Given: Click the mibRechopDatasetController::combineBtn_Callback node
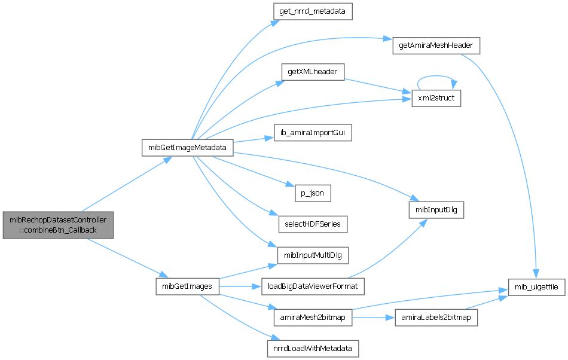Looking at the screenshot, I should [x=58, y=225].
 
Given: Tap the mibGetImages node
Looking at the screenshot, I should [x=187, y=286].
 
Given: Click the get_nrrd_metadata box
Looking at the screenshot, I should [x=313, y=11].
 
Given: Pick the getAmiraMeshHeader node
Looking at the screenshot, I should [x=436, y=46].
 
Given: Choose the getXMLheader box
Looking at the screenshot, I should [x=313, y=72].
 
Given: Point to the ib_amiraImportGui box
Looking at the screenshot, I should [x=313, y=133].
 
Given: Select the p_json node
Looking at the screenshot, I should [x=313, y=194].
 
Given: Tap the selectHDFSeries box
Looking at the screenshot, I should [x=313, y=224].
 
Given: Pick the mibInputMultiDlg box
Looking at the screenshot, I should [x=313, y=255].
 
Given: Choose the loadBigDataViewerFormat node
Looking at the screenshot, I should [x=313, y=286].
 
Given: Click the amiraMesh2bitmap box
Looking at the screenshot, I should [x=313, y=317].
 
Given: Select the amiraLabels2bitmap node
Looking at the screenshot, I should [x=436, y=317].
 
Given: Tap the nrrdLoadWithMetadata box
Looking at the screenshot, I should [x=313, y=347].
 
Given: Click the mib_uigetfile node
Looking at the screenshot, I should [x=536, y=287].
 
